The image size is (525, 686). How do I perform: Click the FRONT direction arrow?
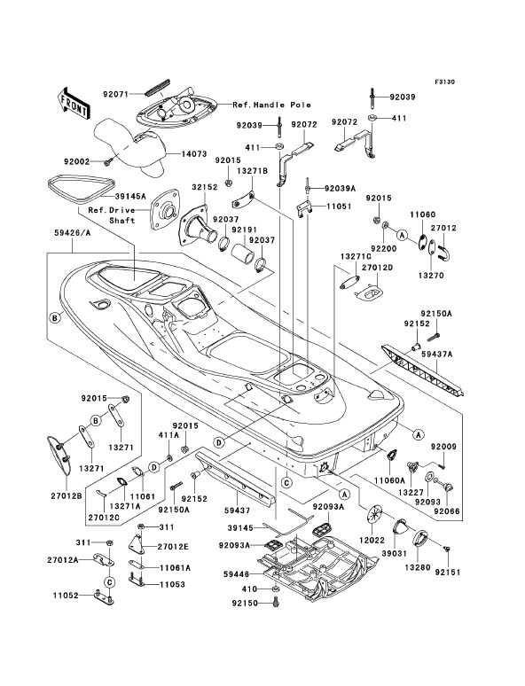click(x=73, y=103)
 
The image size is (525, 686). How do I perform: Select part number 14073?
click(x=193, y=154)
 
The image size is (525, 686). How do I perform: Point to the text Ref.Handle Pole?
click(x=272, y=105)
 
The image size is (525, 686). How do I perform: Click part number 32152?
click(x=205, y=187)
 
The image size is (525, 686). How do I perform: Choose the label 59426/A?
click(x=73, y=233)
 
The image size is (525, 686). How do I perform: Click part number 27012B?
click(x=66, y=496)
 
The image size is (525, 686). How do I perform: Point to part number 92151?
click(x=448, y=573)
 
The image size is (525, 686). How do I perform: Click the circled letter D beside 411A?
click(x=154, y=468)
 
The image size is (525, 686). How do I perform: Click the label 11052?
click(x=66, y=596)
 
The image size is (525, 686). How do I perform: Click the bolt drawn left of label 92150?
click(x=276, y=603)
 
